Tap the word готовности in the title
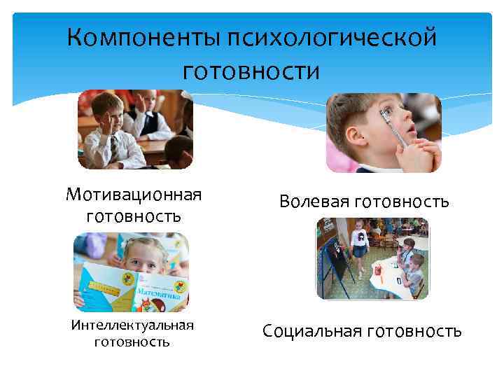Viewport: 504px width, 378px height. click(251, 71)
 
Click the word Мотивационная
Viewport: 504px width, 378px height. click(134, 193)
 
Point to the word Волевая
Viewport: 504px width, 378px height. click(314, 202)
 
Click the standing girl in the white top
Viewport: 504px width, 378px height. click(360, 245)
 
